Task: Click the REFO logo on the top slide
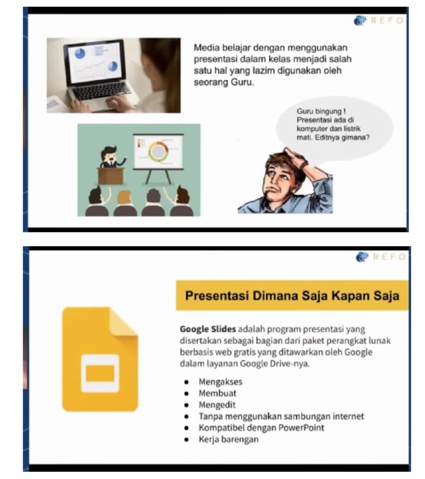click(380, 21)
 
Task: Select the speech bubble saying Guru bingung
click(334, 126)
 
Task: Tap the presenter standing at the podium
click(110, 157)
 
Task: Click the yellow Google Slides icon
click(100, 360)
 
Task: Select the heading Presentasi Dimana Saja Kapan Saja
click(292, 295)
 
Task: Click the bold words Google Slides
click(208, 329)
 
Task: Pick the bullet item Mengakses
click(220, 382)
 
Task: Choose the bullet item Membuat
click(217, 393)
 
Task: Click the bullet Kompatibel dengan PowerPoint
click(261, 428)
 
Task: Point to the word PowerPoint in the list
click(302, 428)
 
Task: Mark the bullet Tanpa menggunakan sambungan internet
click(281, 416)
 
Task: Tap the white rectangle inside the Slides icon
click(100, 373)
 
